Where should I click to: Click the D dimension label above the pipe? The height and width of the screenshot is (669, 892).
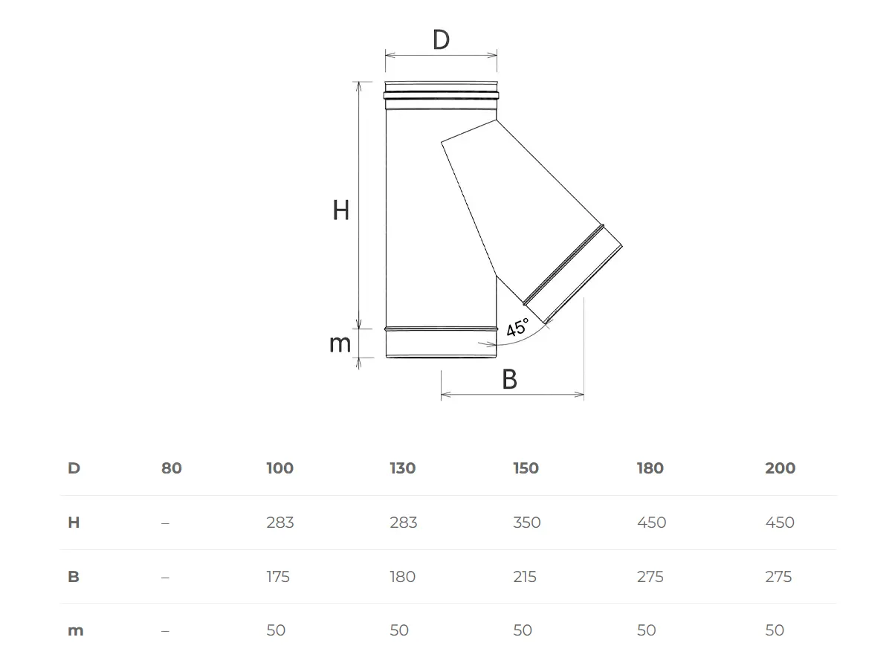click(441, 40)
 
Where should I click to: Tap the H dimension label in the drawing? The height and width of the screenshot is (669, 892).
click(340, 211)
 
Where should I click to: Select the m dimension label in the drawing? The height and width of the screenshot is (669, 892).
click(340, 344)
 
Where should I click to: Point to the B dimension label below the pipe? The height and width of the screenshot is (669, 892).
click(509, 380)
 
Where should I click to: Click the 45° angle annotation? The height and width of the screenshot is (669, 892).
click(517, 328)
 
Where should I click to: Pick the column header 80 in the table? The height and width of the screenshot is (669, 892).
click(171, 468)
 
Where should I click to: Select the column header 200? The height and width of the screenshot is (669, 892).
click(780, 468)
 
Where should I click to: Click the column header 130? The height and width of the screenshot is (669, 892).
click(402, 468)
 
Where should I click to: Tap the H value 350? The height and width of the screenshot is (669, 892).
click(526, 523)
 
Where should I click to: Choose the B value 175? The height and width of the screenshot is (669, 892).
click(278, 577)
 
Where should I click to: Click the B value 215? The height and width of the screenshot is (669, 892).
click(525, 577)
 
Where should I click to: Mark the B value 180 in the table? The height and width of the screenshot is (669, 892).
click(402, 577)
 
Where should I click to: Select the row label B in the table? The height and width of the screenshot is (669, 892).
click(74, 577)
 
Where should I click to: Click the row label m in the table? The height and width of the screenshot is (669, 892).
click(75, 630)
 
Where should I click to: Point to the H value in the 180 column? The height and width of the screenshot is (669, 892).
click(651, 523)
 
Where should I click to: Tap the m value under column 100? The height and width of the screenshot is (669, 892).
click(276, 630)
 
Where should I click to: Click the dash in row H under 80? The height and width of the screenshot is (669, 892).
click(165, 523)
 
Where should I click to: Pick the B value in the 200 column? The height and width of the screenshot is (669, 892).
click(778, 577)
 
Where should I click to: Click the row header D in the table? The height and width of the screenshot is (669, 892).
click(74, 468)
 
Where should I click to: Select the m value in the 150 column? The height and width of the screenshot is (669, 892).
click(523, 630)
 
